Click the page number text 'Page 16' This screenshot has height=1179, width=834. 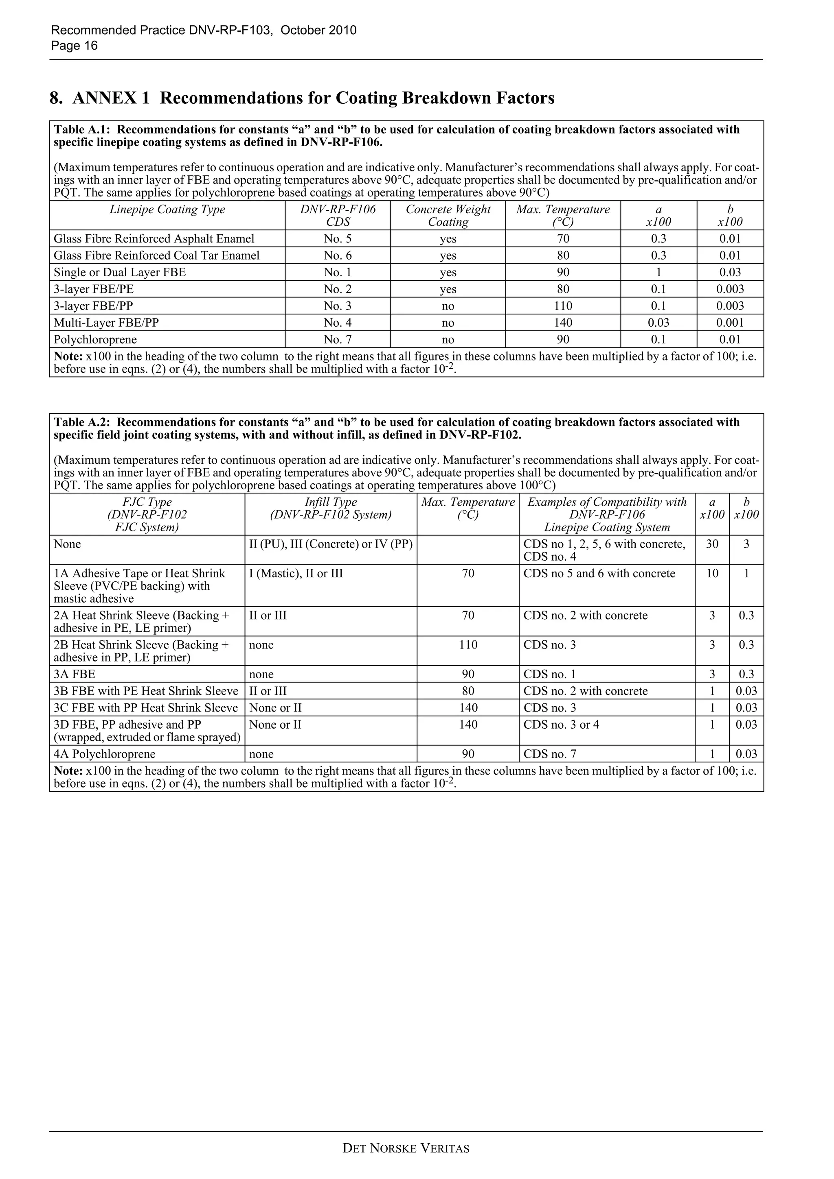74,46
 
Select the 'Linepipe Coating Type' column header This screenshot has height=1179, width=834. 167,210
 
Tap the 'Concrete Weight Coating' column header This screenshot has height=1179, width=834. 448,216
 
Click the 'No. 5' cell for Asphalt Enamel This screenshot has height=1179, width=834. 338,239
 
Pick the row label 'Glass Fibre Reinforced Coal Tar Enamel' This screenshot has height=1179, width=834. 157,256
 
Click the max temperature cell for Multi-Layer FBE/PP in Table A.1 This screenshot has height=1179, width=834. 563,323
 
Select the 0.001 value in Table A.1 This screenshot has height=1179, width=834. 730,323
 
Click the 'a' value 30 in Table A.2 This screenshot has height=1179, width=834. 712,544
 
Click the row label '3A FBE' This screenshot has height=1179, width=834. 75,674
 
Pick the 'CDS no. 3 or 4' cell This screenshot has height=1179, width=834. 561,725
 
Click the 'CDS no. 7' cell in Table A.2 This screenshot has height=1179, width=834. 550,754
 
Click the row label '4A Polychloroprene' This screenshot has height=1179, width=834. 105,754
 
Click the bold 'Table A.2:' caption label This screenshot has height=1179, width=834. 83,422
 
